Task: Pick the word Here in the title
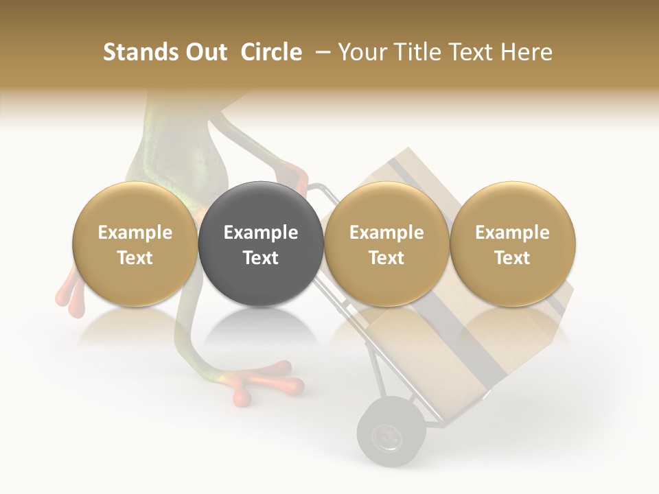[x=527, y=52]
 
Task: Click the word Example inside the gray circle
[x=261, y=233]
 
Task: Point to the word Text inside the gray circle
[x=261, y=258]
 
